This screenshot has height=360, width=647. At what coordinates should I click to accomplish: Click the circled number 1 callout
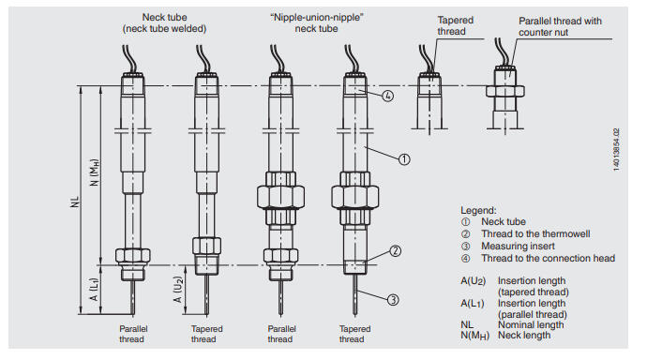(x=404, y=159)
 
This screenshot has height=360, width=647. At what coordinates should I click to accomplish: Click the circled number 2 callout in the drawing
(x=396, y=250)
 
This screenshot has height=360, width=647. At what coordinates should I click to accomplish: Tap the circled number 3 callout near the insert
(x=393, y=300)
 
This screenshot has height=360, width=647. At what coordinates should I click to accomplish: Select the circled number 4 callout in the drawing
(x=387, y=96)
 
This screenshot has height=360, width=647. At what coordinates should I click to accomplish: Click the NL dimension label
(x=75, y=202)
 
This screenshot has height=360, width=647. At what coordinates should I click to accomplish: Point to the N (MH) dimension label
(x=95, y=172)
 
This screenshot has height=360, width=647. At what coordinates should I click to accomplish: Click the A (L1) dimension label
(x=95, y=290)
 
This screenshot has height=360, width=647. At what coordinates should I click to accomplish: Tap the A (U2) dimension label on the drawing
(x=178, y=290)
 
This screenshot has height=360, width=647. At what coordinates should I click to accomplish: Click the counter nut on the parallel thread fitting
(x=505, y=91)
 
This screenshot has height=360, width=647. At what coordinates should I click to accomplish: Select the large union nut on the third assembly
(x=280, y=197)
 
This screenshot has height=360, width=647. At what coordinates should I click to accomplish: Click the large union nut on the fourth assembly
(x=354, y=197)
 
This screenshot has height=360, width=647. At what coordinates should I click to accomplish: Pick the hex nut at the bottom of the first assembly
(x=132, y=255)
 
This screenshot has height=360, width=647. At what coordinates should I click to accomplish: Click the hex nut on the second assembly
(x=206, y=246)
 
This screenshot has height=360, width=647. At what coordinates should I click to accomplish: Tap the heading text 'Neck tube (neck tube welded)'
(x=164, y=23)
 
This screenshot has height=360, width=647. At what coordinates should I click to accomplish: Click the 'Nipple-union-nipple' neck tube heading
(x=317, y=23)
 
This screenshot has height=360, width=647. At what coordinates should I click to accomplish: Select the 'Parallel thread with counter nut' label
(x=560, y=26)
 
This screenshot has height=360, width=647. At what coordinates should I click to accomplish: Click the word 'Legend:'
(x=478, y=210)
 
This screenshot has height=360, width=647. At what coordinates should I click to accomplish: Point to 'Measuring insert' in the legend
(x=518, y=247)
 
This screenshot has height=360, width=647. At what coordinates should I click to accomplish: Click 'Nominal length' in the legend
(x=531, y=324)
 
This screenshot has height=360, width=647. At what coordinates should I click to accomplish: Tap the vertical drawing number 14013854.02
(x=616, y=150)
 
